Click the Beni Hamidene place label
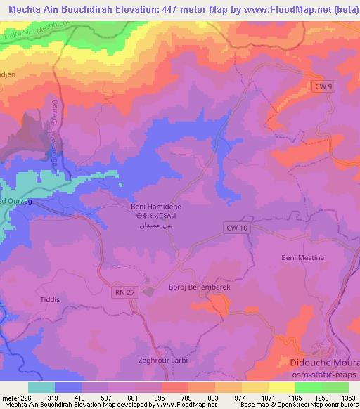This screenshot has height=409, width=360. tap(156, 207)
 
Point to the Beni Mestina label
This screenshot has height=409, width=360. tap(302, 258)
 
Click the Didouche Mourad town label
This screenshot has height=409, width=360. tap(324, 363)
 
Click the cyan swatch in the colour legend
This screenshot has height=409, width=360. tap(41, 387)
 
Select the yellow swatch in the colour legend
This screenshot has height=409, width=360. tap(282, 387)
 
